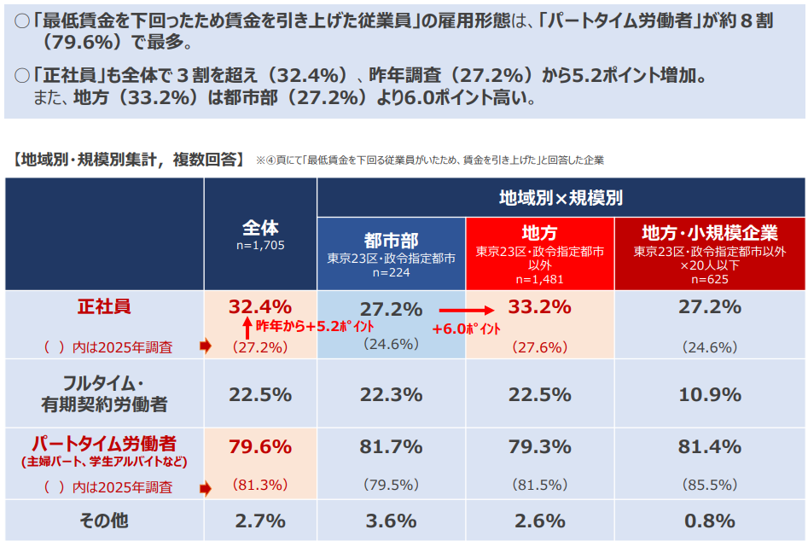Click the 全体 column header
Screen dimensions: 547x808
pos(260,228)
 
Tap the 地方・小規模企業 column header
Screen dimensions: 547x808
pos(709,232)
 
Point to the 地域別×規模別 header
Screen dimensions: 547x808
pos(561,198)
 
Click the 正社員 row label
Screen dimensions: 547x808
pos(104,306)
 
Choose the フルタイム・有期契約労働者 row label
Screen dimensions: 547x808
pos(104,393)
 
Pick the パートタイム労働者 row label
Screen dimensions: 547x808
pos(104,444)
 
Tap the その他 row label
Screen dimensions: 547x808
pos(104,521)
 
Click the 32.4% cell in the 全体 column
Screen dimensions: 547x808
pos(260,306)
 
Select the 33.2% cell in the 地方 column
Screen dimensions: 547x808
pos(539,307)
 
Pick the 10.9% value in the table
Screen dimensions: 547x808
pos(709,394)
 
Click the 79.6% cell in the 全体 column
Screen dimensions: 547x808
pos(260,446)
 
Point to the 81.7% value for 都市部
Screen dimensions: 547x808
pos(391,446)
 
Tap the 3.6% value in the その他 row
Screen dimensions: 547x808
pos(391,521)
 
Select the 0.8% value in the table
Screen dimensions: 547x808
pos(709,521)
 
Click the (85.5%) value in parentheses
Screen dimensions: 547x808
pos(709,485)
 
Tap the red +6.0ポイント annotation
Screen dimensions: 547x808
pos(466,329)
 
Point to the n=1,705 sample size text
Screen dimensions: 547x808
pos(260,246)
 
